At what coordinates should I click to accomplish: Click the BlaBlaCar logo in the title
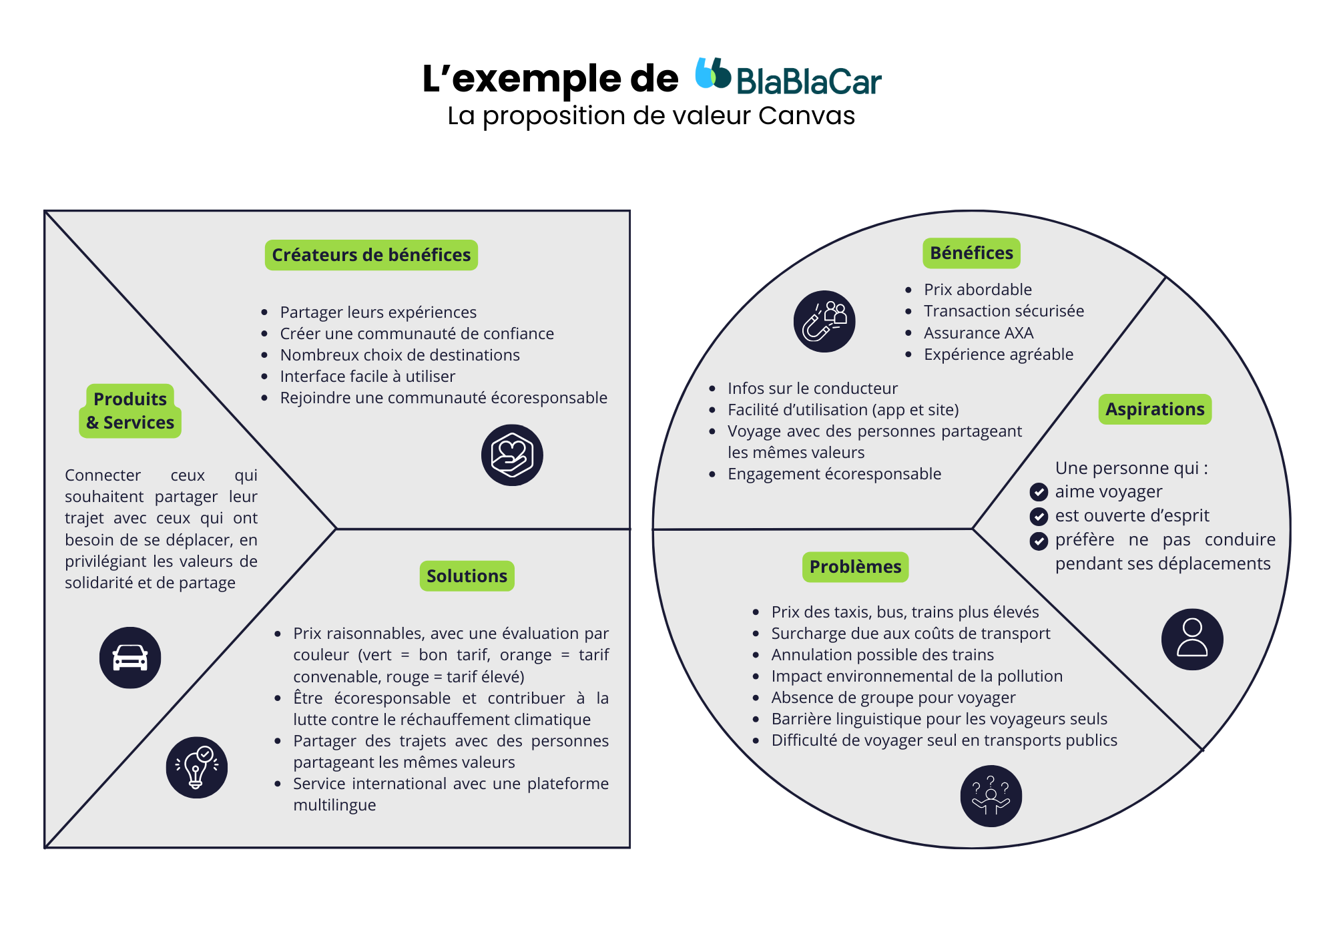tap(788, 77)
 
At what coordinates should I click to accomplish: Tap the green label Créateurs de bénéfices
tap(371, 255)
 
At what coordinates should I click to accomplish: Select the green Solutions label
tap(467, 576)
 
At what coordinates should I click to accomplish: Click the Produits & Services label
tap(130, 411)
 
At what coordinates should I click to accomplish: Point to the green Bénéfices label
tap(971, 253)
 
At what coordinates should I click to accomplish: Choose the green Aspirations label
tap(1155, 409)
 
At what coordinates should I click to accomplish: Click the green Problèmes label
tap(855, 567)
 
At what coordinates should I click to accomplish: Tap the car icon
tap(130, 658)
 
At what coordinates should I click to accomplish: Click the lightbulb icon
tap(196, 767)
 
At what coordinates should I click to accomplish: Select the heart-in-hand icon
tap(512, 455)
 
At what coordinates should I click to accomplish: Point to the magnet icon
tap(824, 321)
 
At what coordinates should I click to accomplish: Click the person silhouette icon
tap(1192, 639)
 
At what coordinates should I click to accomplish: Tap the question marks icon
tap(991, 796)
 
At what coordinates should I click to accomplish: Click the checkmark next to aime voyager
tap(1039, 492)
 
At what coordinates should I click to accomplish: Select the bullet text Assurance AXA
tap(979, 332)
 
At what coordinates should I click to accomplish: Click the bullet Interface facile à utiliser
tap(367, 377)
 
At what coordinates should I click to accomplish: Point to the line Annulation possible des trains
tap(882, 655)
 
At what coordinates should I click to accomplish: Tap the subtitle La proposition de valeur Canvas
tap(651, 115)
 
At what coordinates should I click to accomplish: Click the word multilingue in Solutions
tap(334, 805)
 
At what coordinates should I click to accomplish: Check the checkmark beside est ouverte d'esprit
tap(1039, 516)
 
